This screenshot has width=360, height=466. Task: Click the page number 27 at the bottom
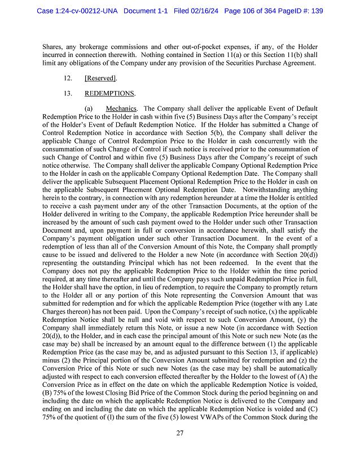point(180,433)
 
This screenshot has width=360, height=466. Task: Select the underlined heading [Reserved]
point(100,78)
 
